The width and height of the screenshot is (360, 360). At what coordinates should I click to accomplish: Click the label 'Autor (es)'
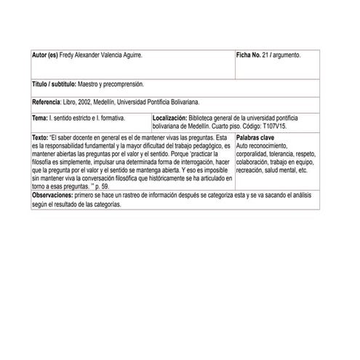point(47,55)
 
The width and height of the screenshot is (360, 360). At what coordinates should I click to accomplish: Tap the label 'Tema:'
point(40,117)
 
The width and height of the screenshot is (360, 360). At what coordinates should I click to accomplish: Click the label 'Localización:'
point(170,117)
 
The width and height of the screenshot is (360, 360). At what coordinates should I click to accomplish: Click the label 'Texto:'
point(41,137)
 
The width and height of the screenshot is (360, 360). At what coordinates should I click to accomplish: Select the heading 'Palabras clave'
point(255,137)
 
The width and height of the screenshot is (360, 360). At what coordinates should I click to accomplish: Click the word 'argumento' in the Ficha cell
point(287,55)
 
